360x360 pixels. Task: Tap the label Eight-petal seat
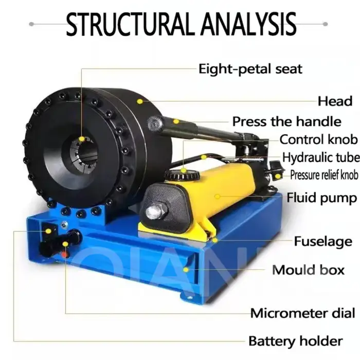pyautogui.click(x=250, y=68)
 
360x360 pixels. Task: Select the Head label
pyautogui.click(x=335, y=101)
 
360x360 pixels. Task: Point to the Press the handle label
pyautogui.click(x=286, y=122)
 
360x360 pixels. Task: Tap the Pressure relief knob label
pyautogui.click(x=323, y=175)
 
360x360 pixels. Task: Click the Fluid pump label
pyautogui.click(x=322, y=197)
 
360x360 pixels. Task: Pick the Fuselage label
pyautogui.click(x=323, y=241)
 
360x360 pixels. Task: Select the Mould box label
pyautogui.click(x=308, y=269)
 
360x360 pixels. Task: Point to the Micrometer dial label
pyautogui.click(x=302, y=313)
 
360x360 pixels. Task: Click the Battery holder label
pyautogui.click(x=295, y=340)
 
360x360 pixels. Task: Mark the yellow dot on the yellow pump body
pyautogui.click(x=217, y=196)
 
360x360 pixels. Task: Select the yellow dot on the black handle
pyautogui.click(x=176, y=122)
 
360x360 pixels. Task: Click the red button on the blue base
pyautogui.click(x=65, y=255)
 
